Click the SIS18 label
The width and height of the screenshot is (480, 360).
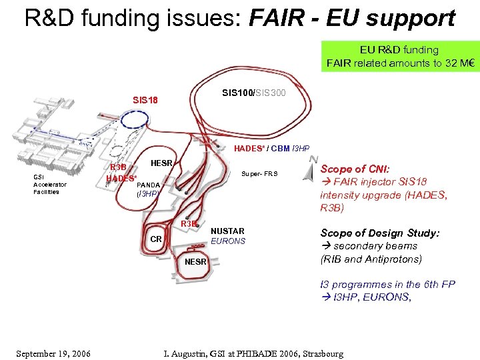[145, 101]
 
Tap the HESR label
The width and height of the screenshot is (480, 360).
[162, 163]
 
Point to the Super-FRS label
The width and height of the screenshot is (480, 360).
[260, 174]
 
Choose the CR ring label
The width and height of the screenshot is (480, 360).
[155, 238]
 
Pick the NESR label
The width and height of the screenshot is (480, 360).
[196, 261]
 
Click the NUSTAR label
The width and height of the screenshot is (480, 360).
[227, 231]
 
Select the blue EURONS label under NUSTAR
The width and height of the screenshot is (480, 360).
[228, 241]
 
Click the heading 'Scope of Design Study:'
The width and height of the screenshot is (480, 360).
[380, 233]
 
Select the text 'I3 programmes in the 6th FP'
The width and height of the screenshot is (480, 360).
[387, 285]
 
